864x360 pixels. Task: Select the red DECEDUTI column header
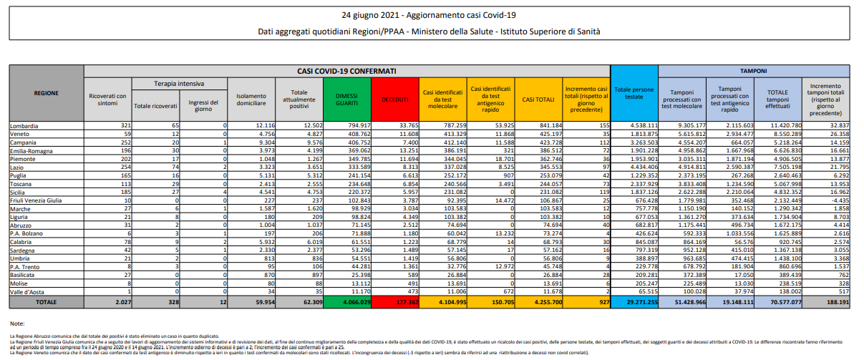click(x=394, y=99)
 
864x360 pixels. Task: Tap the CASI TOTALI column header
click(x=538, y=99)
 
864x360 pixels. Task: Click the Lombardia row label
click(x=25, y=125)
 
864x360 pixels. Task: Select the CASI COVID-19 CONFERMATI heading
click(x=346, y=72)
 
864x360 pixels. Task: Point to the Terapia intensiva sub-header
click(x=178, y=83)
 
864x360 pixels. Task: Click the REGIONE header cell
click(x=46, y=93)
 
